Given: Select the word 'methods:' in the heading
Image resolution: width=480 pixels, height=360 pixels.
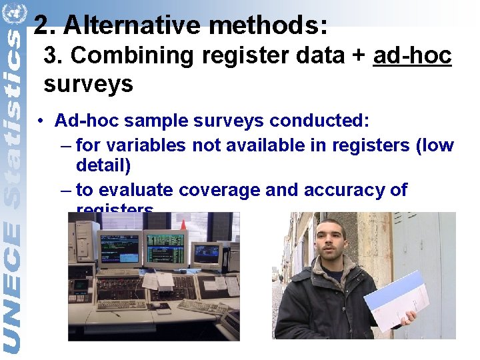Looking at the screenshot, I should tap(268, 25).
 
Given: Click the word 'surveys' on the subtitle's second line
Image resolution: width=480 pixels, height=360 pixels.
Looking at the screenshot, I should tap(88, 85).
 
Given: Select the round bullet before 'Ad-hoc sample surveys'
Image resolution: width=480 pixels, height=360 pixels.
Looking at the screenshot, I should tap(41, 121).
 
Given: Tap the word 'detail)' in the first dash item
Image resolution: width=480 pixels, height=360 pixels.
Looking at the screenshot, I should tap(103, 165).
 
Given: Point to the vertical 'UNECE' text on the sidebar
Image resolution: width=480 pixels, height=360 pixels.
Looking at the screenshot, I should tap(13, 287).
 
